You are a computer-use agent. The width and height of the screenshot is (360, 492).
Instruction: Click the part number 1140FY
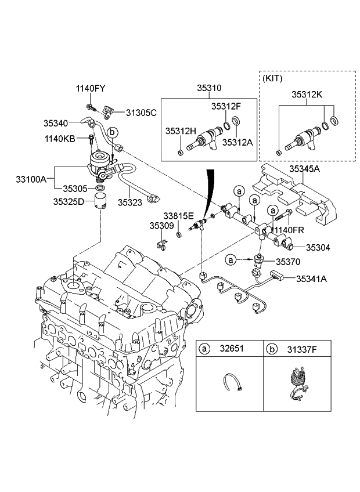(x=91, y=88)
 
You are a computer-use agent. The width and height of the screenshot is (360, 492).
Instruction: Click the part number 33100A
(x=28, y=180)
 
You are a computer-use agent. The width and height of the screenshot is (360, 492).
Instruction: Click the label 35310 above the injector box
(x=208, y=88)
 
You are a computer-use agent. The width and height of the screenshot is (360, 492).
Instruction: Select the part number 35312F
(x=225, y=106)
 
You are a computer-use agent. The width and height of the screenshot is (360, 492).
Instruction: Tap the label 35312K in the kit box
(x=307, y=93)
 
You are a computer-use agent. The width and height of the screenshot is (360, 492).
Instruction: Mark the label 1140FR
(x=289, y=230)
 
